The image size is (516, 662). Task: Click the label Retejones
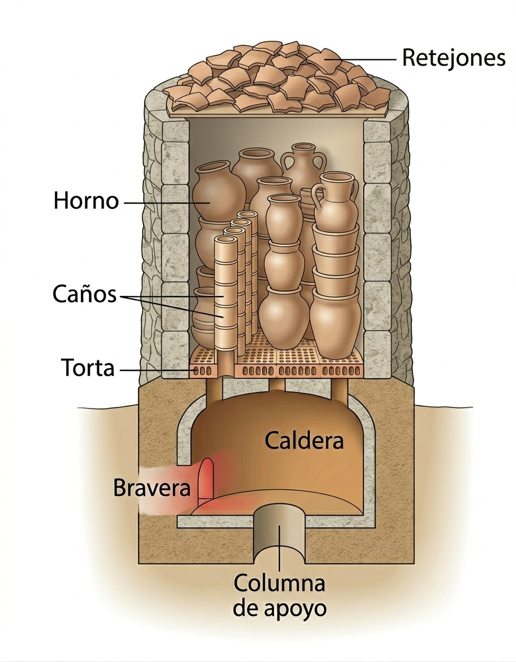(x=453, y=58)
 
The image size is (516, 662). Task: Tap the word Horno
(x=86, y=201)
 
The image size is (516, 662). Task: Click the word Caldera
(x=304, y=440)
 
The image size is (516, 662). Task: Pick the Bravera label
(x=152, y=487)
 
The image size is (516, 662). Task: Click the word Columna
(x=279, y=583)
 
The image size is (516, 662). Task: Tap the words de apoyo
(x=279, y=609)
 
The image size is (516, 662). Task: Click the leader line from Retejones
(x=368, y=58)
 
